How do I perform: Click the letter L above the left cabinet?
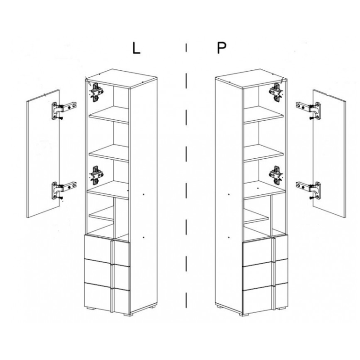point(136,49)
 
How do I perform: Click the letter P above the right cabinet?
point(221,48)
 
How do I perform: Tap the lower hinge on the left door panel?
point(63,190)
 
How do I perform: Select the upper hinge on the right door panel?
point(308,110)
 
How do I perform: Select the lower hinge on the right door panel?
point(308,190)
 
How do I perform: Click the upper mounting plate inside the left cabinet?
point(96,92)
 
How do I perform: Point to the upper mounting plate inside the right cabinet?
point(276,92)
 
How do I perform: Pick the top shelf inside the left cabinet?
point(109,114)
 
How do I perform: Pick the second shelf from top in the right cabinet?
point(263,153)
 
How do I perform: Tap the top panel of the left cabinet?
point(121,78)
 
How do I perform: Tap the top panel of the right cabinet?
point(251,78)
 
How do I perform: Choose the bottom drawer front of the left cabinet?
point(108,297)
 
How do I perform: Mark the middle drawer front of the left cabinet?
point(108,274)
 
